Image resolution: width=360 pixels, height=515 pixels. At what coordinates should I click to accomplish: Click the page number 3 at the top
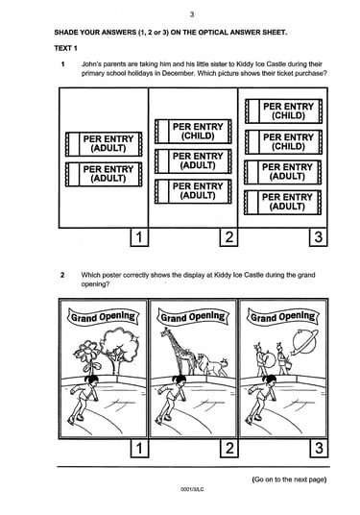click(192, 14)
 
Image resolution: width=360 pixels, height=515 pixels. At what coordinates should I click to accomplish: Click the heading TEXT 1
click(65, 48)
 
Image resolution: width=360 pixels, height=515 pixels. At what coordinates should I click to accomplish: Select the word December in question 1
click(178, 73)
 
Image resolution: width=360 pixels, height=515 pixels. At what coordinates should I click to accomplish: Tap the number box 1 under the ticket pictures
click(139, 236)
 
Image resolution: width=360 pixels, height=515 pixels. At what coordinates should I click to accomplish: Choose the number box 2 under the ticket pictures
click(228, 236)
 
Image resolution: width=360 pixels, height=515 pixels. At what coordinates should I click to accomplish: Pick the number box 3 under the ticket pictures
click(319, 236)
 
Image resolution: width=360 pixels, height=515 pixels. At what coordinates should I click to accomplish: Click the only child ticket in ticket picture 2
click(193, 132)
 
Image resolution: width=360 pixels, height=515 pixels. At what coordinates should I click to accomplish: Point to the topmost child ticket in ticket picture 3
click(284, 111)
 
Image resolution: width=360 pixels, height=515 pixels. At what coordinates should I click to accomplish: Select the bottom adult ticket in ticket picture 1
click(104, 174)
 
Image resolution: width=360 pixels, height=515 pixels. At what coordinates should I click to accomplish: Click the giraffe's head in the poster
click(164, 332)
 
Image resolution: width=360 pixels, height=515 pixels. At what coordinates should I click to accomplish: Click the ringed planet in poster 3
click(305, 342)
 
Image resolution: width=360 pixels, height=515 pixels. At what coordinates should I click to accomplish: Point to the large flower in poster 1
click(86, 353)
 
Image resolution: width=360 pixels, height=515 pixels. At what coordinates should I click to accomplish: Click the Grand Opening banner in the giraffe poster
click(193, 317)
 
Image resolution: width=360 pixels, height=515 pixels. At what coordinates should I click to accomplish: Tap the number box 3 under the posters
click(319, 448)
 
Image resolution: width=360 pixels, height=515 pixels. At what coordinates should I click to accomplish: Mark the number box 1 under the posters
click(139, 448)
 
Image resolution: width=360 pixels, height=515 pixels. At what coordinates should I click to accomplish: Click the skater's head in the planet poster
click(270, 380)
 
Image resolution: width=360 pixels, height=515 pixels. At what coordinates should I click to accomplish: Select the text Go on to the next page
click(289, 479)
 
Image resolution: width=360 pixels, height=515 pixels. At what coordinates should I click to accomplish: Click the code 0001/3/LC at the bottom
click(192, 489)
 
